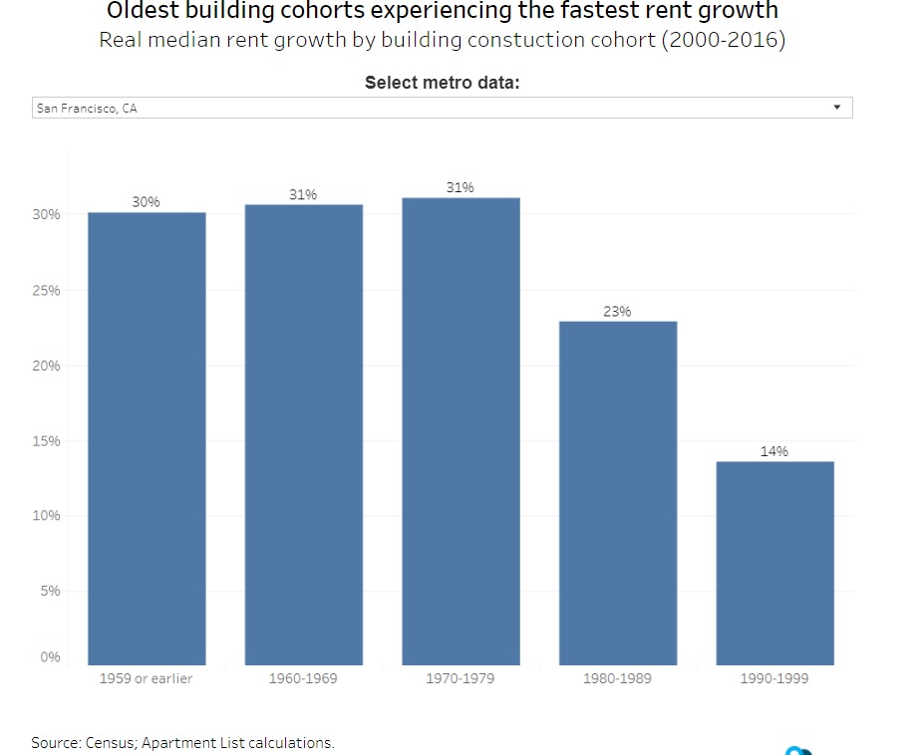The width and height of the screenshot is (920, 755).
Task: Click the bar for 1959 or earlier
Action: (147, 438)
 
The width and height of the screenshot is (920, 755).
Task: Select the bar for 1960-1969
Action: (304, 434)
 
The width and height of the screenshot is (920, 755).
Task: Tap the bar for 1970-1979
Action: (460, 430)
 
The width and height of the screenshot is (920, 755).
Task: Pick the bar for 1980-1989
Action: (618, 493)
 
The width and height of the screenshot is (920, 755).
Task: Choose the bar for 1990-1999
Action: (774, 563)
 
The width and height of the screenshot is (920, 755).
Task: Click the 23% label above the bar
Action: (617, 312)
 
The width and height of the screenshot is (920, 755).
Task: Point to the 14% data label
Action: (774, 451)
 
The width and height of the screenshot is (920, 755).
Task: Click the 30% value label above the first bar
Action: (146, 202)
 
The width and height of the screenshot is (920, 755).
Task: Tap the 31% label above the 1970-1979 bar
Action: (460, 187)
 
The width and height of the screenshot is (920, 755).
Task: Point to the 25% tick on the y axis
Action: (50, 291)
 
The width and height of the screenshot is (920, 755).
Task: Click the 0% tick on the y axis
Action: (51, 657)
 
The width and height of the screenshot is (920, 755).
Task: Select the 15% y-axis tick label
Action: (50, 440)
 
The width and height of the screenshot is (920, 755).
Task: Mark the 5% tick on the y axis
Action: (51, 591)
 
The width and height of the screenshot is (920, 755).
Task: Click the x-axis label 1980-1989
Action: (617, 679)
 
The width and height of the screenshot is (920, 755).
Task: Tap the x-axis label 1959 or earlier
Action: (147, 679)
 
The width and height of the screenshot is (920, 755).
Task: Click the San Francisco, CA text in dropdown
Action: (87, 109)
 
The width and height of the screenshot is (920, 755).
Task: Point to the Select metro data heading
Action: (443, 83)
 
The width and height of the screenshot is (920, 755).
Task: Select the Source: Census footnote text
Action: (182, 742)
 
